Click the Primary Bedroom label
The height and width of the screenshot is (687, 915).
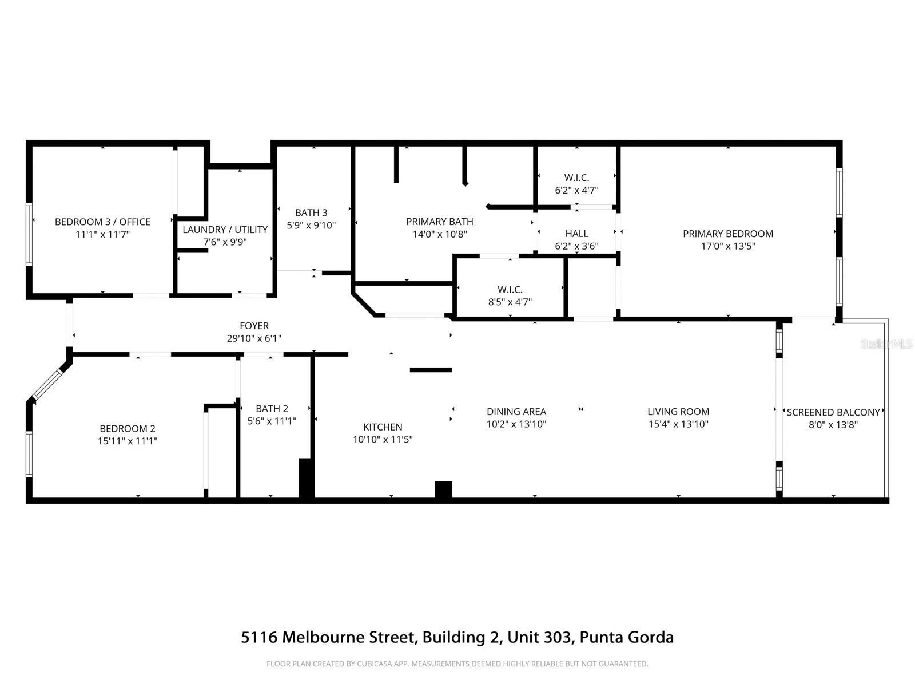coord(727,234)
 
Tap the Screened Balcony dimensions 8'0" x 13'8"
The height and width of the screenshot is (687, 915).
coord(833,425)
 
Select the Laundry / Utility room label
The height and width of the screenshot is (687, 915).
coord(225,230)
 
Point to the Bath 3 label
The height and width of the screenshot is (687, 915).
coord(311,213)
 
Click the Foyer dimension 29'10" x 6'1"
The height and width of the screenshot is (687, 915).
coord(254,338)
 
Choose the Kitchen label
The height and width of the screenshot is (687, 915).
coord(383,427)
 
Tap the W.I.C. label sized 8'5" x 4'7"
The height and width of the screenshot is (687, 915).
coord(510,290)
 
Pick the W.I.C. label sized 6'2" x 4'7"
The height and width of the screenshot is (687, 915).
coord(576,178)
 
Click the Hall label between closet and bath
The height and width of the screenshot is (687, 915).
coord(576,234)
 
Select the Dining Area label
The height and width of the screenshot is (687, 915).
coord(516,412)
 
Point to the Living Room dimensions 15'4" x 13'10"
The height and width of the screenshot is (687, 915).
coord(678,424)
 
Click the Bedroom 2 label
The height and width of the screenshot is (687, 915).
coord(128,429)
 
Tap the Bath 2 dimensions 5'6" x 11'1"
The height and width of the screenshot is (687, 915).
coord(272,421)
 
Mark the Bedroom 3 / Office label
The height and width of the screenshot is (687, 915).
coord(102,222)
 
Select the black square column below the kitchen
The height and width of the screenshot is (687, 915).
coord(443,489)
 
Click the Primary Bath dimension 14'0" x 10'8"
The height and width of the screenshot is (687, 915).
coord(440,234)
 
